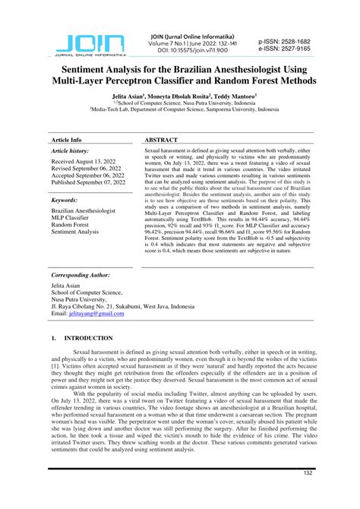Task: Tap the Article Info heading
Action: coord(66,141)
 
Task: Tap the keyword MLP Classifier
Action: coord(74,217)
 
